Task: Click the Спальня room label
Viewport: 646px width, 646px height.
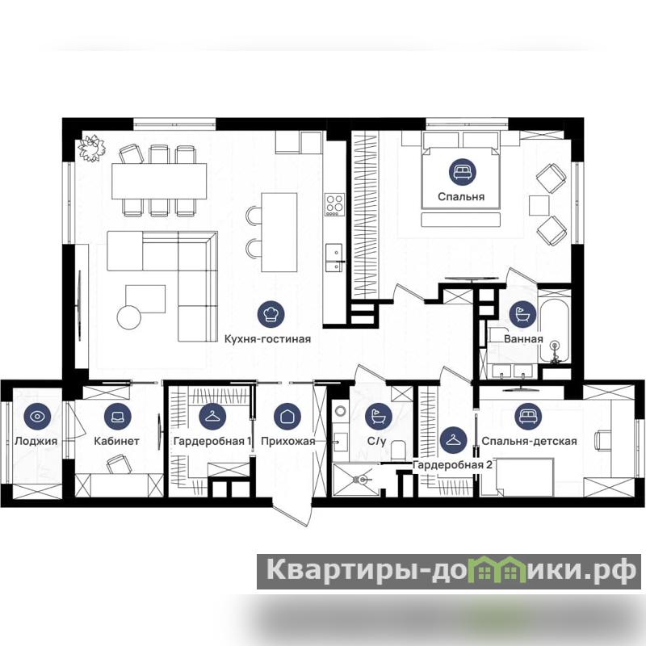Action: (x=461, y=197)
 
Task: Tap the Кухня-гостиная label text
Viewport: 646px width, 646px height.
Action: (x=267, y=339)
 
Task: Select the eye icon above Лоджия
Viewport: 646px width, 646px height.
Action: (x=37, y=417)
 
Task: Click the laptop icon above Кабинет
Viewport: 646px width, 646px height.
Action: (x=117, y=417)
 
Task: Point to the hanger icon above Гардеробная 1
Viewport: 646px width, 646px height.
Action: (x=212, y=417)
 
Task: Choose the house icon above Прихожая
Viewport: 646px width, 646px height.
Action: (x=287, y=417)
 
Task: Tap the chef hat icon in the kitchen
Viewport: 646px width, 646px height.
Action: (x=271, y=314)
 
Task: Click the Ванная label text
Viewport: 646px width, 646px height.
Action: (x=523, y=339)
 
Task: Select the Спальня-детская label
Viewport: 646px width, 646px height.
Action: (x=529, y=441)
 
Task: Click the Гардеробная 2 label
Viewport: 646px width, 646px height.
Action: (x=452, y=465)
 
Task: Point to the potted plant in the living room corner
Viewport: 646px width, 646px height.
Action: (x=91, y=148)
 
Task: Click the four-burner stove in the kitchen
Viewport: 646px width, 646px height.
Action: (x=334, y=204)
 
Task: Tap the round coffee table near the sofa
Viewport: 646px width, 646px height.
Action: (x=129, y=317)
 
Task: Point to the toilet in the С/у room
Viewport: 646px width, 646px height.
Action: (x=398, y=451)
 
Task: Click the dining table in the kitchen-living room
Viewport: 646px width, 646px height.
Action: (x=159, y=181)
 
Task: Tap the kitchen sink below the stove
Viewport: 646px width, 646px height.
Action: (x=334, y=258)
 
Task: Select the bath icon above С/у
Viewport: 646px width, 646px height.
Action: (x=378, y=417)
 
